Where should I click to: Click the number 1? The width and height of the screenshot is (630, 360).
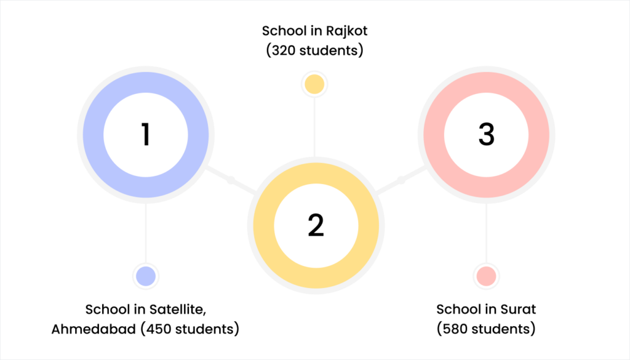point(146,135)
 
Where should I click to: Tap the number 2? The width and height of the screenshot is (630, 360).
point(316,226)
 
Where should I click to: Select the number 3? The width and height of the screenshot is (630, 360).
point(486,135)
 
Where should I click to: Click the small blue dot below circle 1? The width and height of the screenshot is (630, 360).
point(146,276)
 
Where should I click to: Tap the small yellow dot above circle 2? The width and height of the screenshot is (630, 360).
point(314,84)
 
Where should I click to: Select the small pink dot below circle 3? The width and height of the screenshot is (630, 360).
point(486,276)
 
